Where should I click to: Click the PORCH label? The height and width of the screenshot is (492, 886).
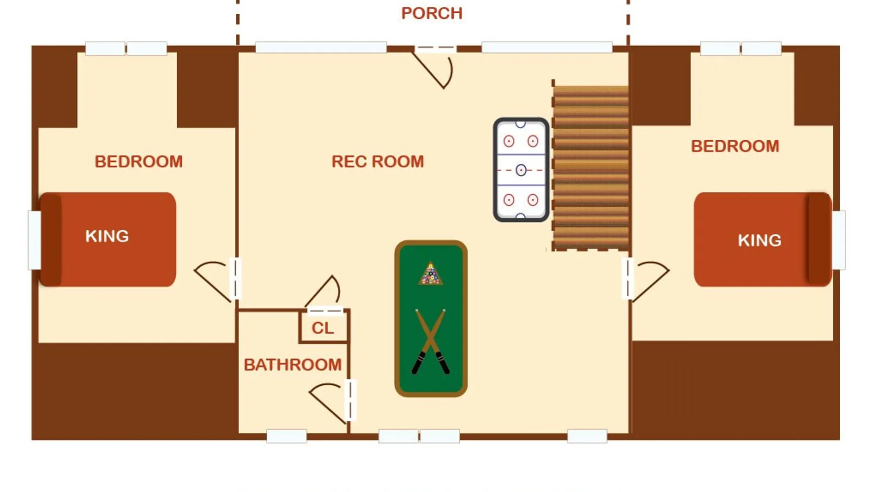click(x=432, y=13)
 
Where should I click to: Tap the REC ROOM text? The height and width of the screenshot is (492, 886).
click(x=378, y=161)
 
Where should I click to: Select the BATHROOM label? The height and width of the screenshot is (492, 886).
click(x=292, y=365)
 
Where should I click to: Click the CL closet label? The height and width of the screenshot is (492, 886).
click(x=323, y=328)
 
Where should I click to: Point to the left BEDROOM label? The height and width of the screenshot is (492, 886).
click(x=139, y=161)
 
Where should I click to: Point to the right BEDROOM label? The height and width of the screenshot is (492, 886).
click(x=735, y=146)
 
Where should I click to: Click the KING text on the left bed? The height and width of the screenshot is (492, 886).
click(x=107, y=236)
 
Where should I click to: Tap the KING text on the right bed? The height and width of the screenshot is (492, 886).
click(x=759, y=240)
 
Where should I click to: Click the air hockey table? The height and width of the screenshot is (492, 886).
click(x=521, y=170)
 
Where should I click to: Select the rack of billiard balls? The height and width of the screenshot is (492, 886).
click(x=431, y=274)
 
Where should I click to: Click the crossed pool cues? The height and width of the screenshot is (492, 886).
click(x=431, y=341)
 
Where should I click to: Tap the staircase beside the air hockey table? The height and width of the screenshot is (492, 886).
click(x=590, y=167)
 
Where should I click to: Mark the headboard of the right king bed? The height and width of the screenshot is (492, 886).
click(x=819, y=239)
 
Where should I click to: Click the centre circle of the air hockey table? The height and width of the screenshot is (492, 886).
click(x=521, y=170)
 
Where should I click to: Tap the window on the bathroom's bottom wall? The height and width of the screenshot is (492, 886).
click(x=286, y=436)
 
